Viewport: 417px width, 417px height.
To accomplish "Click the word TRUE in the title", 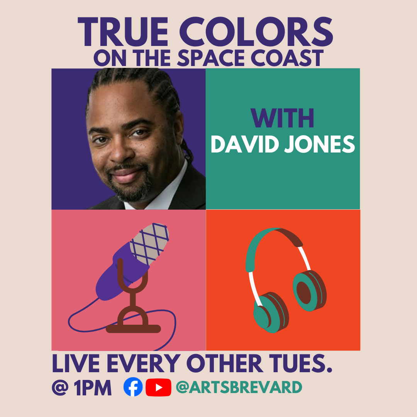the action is click(123, 32).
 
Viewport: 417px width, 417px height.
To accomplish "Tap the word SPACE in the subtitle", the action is click(211, 58).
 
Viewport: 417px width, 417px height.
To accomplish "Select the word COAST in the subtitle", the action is click(287, 58).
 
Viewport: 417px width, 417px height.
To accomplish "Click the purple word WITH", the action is click(282, 118).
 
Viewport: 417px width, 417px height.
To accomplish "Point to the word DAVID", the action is click(245, 144).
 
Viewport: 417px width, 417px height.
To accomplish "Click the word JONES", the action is click(320, 144).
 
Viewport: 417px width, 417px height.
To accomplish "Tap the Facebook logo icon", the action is click(133, 386).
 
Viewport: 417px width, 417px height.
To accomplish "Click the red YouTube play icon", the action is click(159, 387).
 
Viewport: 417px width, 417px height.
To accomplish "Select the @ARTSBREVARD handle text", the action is click(239, 387).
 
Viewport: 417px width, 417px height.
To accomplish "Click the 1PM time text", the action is click(93, 388).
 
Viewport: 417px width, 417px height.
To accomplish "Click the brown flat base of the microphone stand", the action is click(134, 329).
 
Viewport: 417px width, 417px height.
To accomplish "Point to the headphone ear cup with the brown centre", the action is click(310, 291).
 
